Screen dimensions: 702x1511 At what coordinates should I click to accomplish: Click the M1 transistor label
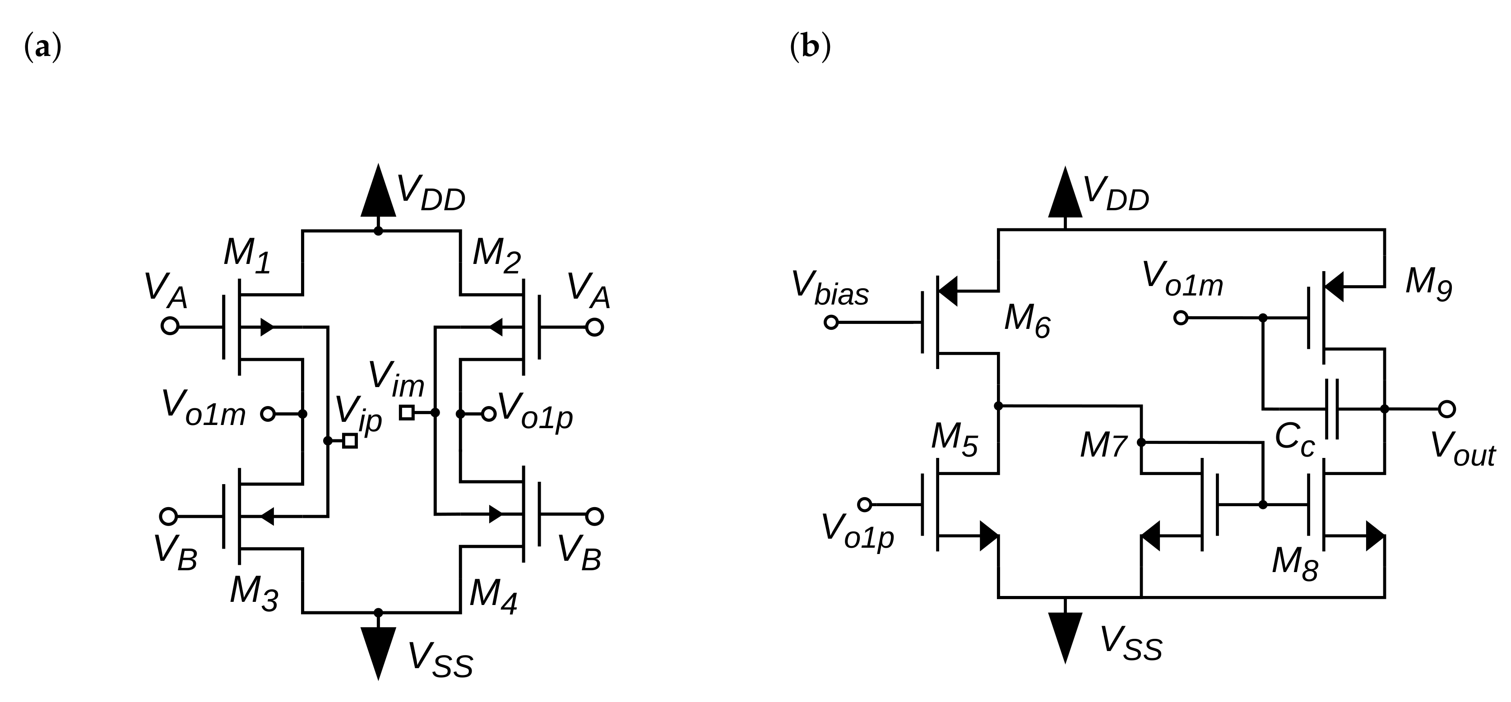247,256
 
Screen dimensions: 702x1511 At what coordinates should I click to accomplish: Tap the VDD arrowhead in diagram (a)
378,192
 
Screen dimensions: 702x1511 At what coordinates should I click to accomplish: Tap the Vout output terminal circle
1446,409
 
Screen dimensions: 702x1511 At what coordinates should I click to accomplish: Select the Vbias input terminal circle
831,322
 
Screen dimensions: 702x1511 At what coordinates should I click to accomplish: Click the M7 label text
1103,446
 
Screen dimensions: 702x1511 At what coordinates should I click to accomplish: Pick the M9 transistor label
1428,284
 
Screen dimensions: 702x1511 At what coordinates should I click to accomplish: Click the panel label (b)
810,47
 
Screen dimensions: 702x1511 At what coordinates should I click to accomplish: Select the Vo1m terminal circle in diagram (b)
1181,318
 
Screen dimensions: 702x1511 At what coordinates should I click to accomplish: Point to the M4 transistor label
493,595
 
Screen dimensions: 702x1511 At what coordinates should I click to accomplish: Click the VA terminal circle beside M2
594,327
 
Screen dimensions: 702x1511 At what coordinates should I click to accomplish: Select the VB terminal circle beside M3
168,516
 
